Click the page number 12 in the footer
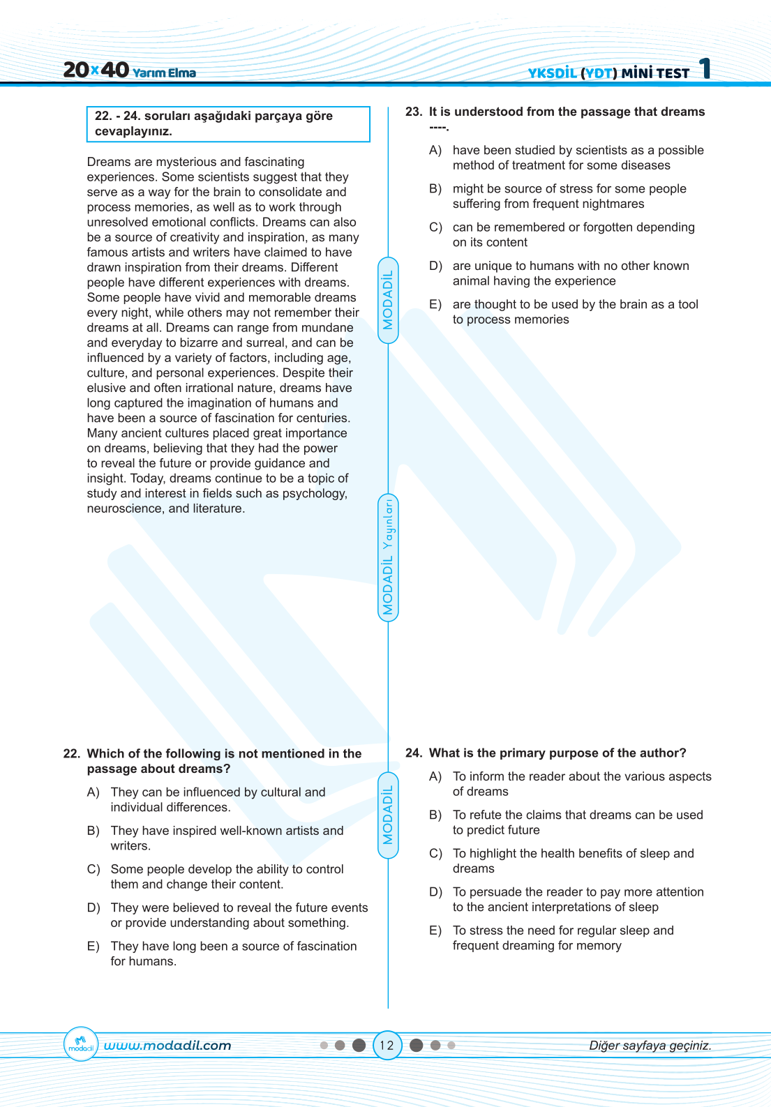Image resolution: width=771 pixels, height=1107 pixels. [387, 1045]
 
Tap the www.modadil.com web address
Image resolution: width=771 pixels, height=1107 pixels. [167, 1045]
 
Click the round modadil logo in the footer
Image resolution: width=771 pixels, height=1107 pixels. [81, 1044]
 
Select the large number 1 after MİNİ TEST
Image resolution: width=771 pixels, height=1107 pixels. [705, 68]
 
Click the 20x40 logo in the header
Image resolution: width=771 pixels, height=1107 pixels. [96, 70]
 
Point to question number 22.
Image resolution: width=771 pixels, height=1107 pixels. [71, 753]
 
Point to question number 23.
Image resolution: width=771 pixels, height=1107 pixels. [414, 112]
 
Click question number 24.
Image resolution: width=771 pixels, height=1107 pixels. [414, 753]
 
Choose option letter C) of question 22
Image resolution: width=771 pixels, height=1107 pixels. [93, 869]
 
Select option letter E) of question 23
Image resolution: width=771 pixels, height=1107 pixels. [435, 304]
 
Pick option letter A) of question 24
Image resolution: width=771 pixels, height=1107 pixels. [435, 776]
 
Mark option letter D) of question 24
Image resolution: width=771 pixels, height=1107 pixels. [435, 891]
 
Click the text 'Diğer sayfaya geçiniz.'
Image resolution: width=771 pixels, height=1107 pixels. [650, 1045]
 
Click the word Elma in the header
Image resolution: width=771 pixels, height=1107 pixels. [181, 73]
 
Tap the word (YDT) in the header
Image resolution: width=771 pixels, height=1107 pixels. [599, 73]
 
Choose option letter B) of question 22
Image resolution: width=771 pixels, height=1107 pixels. [93, 831]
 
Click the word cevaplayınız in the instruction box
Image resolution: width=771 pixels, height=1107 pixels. [133, 131]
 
